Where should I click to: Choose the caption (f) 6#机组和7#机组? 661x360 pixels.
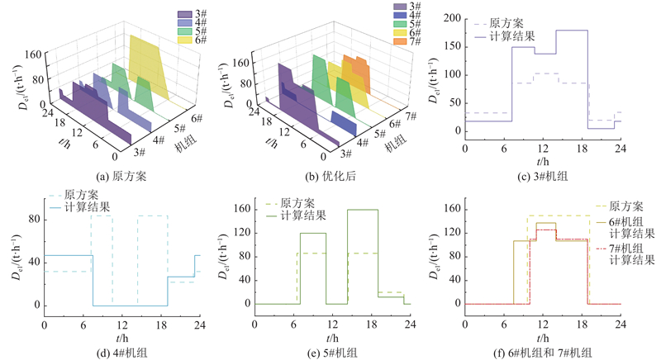click(x=542, y=353)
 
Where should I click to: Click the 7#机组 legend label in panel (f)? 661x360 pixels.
click(x=632, y=247)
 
